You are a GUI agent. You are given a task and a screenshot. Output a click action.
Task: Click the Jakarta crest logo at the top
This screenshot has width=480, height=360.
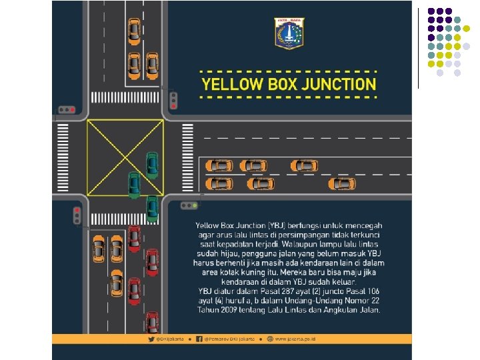click(289, 33)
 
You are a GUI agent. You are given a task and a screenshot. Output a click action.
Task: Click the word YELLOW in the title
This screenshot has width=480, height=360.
click(230, 85)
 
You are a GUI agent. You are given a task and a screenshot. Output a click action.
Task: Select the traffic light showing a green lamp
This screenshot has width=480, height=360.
click(191, 205)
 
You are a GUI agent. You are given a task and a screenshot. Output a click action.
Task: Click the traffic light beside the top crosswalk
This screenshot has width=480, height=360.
click(173, 99)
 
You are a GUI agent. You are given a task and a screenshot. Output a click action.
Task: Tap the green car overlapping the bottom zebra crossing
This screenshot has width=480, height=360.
click(153, 209)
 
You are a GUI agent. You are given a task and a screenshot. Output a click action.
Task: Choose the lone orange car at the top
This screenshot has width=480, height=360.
click(134, 30)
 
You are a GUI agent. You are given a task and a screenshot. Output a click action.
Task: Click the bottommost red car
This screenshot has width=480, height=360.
click(152, 322)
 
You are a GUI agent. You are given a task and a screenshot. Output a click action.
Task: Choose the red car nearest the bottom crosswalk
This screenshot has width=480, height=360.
click(134, 237)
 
